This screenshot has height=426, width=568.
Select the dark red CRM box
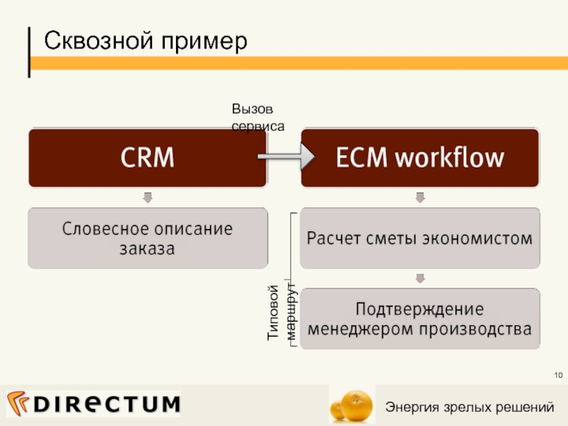pyautogui.click(x=148, y=158)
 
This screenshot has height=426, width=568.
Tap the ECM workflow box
pyautogui.click(x=420, y=158)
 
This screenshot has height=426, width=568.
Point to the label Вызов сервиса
pyautogui.click(x=257, y=117)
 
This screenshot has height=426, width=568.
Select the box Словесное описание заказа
pyautogui.click(x=148, y=239)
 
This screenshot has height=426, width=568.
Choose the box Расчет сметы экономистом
pyautogui.click(x=420, y=239)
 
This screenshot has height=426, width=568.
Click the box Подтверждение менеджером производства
pyautogui.click(x=420, y=319)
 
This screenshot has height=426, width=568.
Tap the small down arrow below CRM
pyautogui.click(x=148, y=197)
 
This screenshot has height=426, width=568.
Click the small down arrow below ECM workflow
pyautogui.click(x=420, y=197)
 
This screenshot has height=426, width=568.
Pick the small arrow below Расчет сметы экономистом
pyautogui.click(x=420, y=278)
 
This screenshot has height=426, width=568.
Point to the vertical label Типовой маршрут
pyautogui.click(x=281, y=314)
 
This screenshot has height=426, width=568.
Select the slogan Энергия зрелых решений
pyautogui.click(x=469, y=407)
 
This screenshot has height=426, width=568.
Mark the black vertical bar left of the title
pyautogui.click(x=29, y=52)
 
